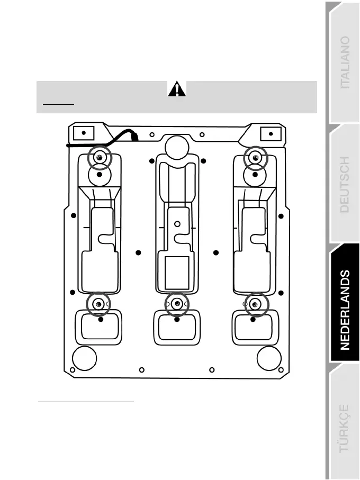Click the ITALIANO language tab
344,69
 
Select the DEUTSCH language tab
344,185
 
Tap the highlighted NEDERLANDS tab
344,310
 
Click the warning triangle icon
176,89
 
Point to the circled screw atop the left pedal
100,158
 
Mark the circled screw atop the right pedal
255,158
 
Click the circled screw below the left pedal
99,304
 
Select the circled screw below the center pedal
177,304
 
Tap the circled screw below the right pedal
255,304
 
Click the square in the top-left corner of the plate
83,132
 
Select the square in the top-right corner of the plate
271,133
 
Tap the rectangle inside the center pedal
177,272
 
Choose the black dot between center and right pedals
216,252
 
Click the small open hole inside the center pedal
177,224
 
